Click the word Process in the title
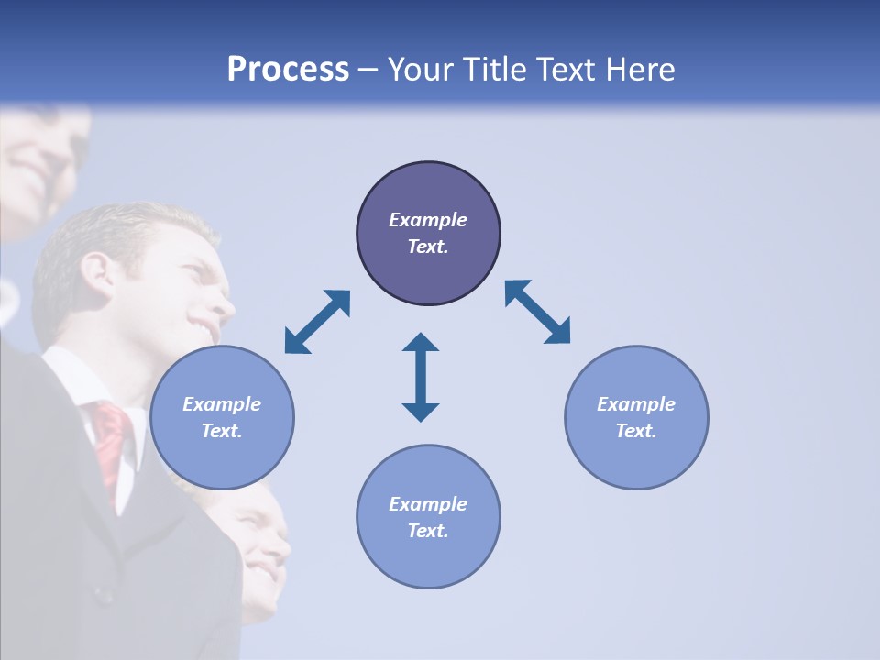click(288, 70)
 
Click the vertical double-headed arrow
click(421, 377)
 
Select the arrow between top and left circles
click(317, 322)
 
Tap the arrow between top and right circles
click(537, 312)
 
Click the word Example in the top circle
click(428, 220)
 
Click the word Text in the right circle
click(636, 431)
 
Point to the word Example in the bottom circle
click(428, 504)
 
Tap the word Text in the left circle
click(221, 431)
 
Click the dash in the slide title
click(368, 71)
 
